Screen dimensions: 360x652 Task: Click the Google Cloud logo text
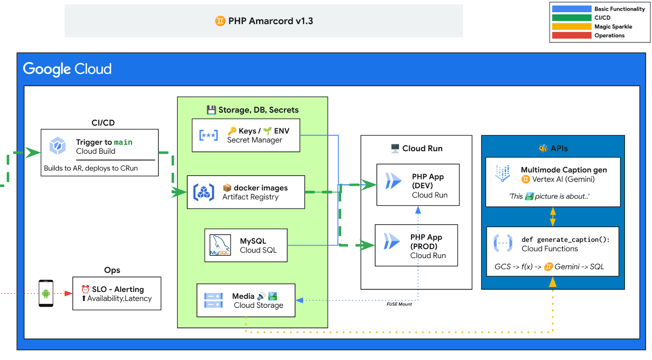(67, 69)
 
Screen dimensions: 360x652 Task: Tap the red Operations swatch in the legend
(571, 35)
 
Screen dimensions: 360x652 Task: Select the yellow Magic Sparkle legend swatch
(571, 27)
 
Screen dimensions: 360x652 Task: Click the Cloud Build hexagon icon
(57, 146)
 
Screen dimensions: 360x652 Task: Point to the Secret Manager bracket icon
(208, 135)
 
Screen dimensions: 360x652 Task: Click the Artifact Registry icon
(204, 192)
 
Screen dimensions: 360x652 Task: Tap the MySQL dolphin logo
(220, 245)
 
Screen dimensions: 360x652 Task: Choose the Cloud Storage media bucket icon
(213, 300)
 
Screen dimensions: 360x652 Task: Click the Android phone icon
(46, 293)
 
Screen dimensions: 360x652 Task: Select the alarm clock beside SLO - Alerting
(86, 289)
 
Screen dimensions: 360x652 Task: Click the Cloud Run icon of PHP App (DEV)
(393, 181)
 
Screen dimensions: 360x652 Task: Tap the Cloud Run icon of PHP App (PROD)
(392, 241)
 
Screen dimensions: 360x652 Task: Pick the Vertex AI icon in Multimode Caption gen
(502, 173)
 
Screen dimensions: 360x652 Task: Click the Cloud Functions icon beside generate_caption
(503, 243)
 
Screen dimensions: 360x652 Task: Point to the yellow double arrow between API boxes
(553, 217)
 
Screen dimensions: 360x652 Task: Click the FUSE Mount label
(399, 304)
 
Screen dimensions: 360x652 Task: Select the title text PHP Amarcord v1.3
(271, 21)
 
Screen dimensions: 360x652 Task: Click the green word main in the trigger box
(123, 142)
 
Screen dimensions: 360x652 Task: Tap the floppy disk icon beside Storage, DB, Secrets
(211, 110)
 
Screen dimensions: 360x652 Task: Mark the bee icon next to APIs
(543, 148)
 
